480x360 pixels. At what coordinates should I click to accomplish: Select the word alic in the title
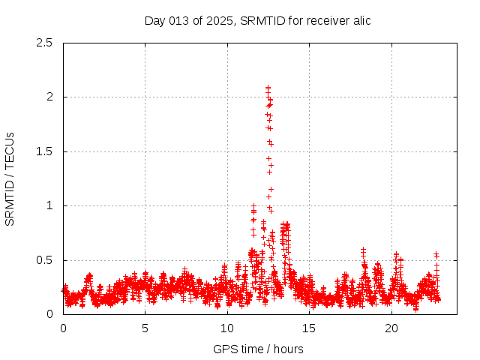coord(360,21)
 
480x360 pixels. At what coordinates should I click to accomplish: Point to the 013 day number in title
coord(182,21)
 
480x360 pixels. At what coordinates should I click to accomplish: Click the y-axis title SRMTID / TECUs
coord(10,178)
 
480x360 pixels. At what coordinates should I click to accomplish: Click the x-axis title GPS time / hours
coord(258,349)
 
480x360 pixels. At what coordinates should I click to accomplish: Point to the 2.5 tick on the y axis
coord(45,43)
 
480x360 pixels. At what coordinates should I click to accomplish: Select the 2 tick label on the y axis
coord(50,97)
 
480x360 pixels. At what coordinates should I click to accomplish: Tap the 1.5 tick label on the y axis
coord(45,151)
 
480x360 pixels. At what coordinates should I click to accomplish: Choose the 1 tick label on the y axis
coord(50,205)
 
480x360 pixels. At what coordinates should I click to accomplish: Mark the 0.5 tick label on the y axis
coord(45,260)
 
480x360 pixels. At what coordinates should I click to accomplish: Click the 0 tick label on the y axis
coord(50,314)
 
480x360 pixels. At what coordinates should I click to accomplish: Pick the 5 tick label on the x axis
coord(145,328)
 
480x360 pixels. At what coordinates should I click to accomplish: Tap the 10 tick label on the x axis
coord(227,328)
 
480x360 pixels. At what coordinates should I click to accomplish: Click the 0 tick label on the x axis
coord(63,328)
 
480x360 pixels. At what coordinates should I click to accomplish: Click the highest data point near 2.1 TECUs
coord(268,88)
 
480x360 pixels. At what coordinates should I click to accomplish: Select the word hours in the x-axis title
coord(288,349)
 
